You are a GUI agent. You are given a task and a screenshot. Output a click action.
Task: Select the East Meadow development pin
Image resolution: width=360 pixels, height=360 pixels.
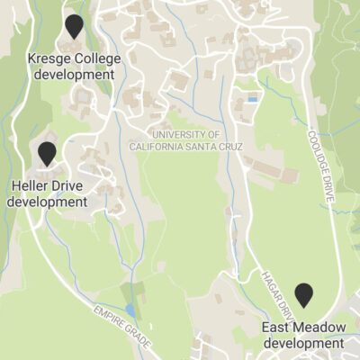[304, 295]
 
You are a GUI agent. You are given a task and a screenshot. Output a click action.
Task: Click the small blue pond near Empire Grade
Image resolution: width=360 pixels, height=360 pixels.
[131, 310]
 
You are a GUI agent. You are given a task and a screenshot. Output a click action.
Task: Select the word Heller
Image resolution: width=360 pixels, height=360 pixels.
[31, 186]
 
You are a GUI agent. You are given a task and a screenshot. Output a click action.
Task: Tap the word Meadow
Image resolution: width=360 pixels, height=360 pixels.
[316, 328]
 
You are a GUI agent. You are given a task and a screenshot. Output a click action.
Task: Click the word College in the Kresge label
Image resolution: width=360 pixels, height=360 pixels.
[95, 59]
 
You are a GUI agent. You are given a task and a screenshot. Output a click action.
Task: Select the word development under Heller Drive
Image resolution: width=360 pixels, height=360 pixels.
[47, 202]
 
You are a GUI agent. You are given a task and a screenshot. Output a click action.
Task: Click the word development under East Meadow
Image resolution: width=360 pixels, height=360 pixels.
[303, 343]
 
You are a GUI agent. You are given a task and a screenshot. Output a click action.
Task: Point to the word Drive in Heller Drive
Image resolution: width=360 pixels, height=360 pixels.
[70, 186]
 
